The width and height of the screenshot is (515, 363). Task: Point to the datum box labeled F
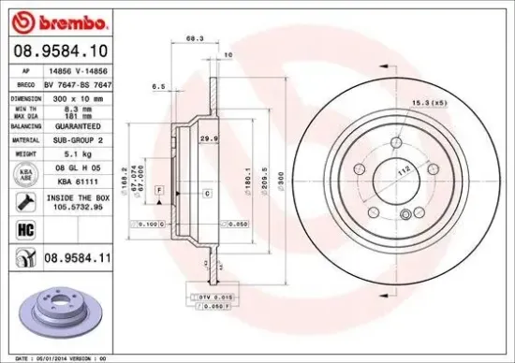click(160, 190)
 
